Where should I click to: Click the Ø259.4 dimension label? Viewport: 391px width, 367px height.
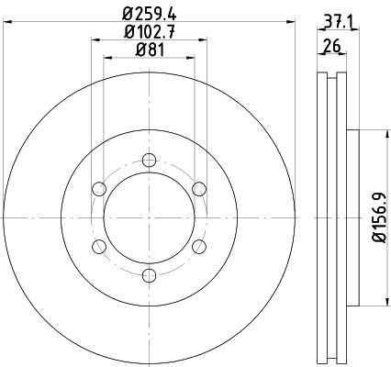pos(150,14)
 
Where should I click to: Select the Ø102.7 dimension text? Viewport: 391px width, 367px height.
pos(150,31)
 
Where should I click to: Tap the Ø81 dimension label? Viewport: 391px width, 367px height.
pos(150,50)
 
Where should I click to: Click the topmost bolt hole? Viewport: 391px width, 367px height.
pos(150,160)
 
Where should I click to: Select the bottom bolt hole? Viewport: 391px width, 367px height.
pos(150,275)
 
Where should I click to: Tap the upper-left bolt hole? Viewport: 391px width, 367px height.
pos(99,189)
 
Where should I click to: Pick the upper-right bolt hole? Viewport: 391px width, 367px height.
pos(199,189)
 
